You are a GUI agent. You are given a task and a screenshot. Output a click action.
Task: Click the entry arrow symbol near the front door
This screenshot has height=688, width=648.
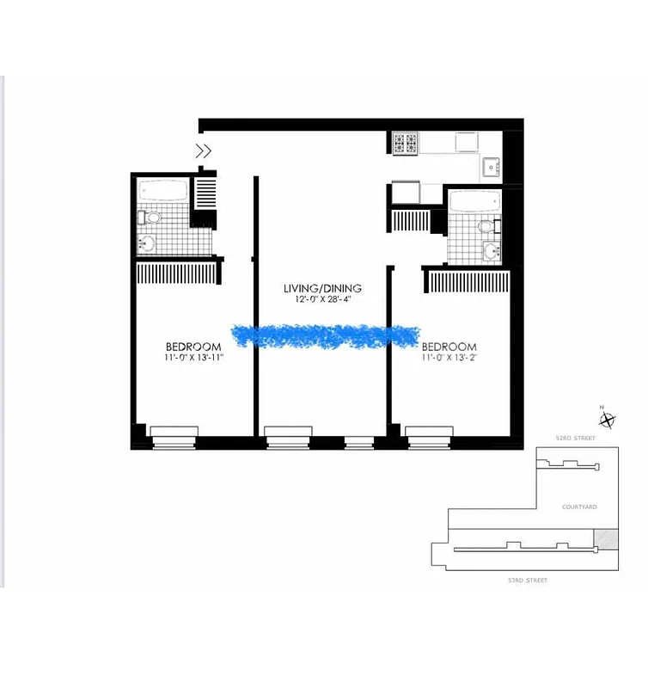[x=205, y=151]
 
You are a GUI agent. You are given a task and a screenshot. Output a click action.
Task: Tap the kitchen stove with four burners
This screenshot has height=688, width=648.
[x=405, y=143]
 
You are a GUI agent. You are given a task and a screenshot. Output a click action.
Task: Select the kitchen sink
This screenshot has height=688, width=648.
[x=491, y=166]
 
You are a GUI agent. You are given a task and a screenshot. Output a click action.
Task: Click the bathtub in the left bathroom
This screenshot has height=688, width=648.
[x=163, y=190]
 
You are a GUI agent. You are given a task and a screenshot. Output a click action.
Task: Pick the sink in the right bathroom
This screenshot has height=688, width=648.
[x=491, y=252]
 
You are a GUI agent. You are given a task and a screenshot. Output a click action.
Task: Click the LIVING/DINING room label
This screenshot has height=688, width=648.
[x=323, y=288]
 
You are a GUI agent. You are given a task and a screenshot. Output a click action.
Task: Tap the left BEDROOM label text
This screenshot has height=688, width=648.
[x=193, y=347]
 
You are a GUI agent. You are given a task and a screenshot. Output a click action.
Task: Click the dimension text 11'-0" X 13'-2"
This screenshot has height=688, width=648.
[x=449, y=358]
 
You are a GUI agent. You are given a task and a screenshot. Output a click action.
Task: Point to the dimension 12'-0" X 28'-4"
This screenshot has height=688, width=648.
[x=323, y=301]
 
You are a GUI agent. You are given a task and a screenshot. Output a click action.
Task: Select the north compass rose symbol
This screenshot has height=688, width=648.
[x=608, y=420]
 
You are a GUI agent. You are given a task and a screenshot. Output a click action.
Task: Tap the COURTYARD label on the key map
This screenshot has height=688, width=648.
[x=578, y=507]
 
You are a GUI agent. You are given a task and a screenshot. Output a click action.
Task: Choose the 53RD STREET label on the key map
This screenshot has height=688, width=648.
[x=527, y=580]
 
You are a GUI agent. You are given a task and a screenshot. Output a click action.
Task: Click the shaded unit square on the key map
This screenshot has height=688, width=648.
[x=607, y=538]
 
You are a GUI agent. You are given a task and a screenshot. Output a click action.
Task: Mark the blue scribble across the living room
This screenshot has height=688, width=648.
[x=325, y=336]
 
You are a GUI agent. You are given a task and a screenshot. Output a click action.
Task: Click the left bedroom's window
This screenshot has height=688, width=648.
[x=174, y=436]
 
